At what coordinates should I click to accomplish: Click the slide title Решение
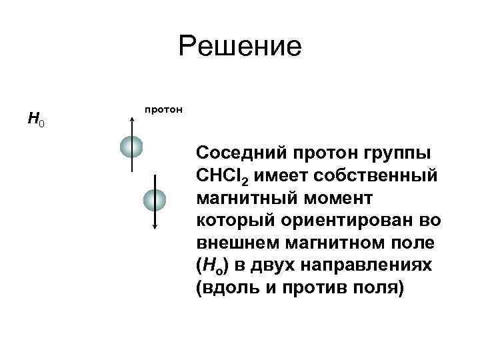point(240,47)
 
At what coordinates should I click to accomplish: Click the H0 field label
point(36,120)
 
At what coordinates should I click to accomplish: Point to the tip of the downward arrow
point(155,228)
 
